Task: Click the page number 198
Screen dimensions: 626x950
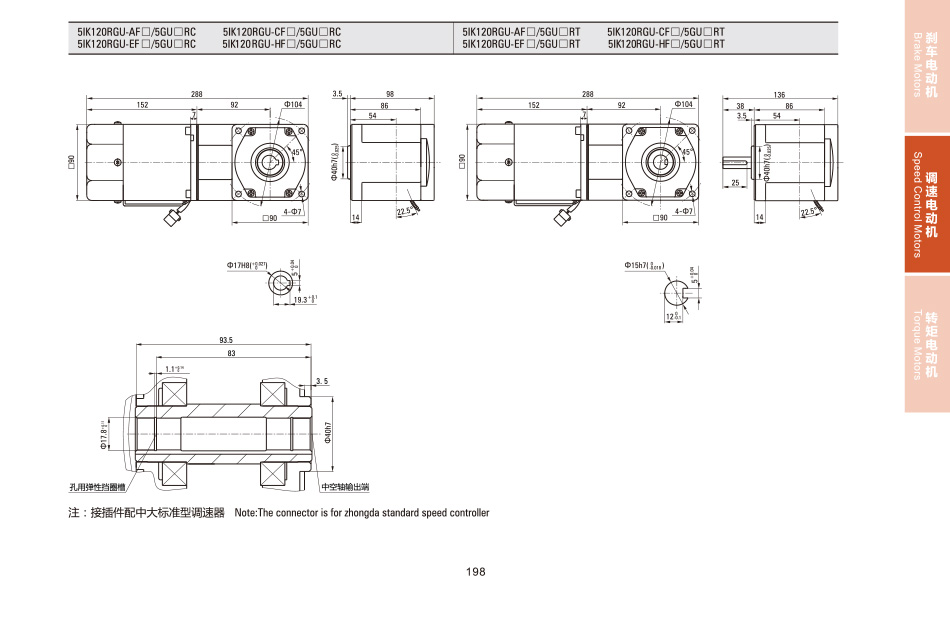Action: click(x=475, y=572)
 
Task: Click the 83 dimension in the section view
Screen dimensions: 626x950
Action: click(x=231, y=354)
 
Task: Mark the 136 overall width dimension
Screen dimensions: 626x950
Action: click(x=779, y=94)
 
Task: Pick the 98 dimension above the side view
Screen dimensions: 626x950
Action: click(x=390, y=94)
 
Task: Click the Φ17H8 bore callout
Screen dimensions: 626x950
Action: click(x=246, y=265)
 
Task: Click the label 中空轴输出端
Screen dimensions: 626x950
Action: click(x=345, y=488)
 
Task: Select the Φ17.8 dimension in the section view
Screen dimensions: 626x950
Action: click(x=104, y=436)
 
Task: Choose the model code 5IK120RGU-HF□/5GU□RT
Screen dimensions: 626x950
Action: click(x=665, y=44)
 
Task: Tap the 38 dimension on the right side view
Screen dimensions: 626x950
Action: click(x=741, y=106)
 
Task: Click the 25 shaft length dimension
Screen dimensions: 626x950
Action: click(x=735, y=183)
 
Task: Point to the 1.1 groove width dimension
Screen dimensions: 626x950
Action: click(x=173, y=369)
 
